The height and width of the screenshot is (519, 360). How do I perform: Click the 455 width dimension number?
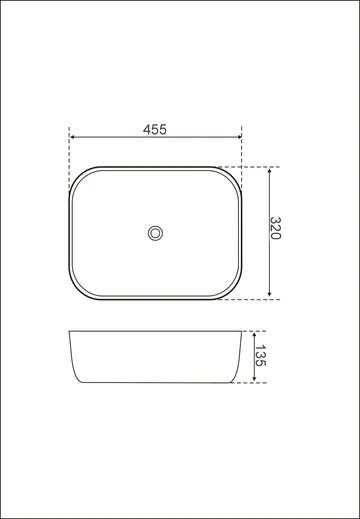coord(155,129)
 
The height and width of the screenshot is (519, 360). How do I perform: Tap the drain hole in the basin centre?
coord(154,232)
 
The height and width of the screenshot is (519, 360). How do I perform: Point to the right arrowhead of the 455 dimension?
coord(239,139)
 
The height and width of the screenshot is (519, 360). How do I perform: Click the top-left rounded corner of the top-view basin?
coord(78,176)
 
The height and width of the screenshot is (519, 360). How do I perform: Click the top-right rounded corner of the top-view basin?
coord(234,176)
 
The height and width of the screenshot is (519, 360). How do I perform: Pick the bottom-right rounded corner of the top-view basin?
coord(232,289)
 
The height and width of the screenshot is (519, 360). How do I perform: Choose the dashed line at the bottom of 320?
coord(258,298)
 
